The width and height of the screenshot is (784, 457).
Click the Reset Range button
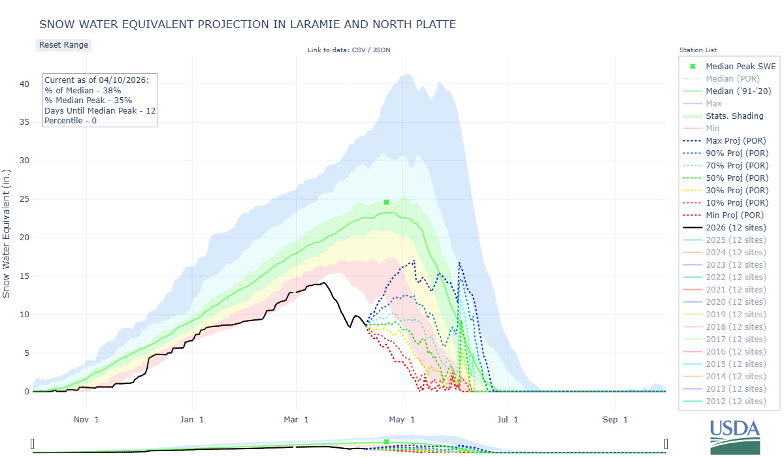click(x=63, y=45)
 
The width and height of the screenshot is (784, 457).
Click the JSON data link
click(x=382, y=50)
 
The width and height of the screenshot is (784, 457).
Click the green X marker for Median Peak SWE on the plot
click(x=386, y=202)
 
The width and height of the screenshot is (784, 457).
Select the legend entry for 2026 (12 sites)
click(x=736, y=227)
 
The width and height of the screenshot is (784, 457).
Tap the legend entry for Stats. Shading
click(x=734, y=116)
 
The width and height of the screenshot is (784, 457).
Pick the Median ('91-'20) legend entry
click(x=738, y=91)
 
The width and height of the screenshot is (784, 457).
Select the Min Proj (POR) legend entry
click(x=735, y=215)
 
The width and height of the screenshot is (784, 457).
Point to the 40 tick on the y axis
click(x=24, y=84)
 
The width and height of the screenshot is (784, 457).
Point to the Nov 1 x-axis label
click(x=86, y=419)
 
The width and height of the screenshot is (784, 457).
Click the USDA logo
click(x=735, y=436)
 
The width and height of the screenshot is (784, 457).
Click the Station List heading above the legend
click(x=698, y=50)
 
